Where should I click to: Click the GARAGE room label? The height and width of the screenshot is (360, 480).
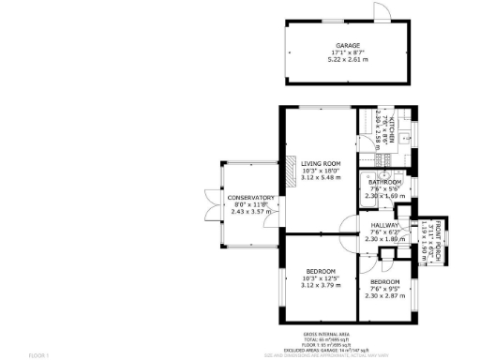point(348,45)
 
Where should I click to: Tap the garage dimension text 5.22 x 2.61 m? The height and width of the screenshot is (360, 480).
point(348,59)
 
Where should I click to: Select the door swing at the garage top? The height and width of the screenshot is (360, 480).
point(381,11)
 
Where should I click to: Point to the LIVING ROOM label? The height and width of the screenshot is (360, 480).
point(321,164)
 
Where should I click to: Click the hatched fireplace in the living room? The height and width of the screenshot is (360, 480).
point(280,175)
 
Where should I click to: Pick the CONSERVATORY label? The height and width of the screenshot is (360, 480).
point(250,198)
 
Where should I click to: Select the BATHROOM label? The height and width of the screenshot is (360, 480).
point(384,182)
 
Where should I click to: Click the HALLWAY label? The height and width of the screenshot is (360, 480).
point(384,226)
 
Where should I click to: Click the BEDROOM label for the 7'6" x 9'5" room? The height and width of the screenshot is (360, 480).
point(384,281)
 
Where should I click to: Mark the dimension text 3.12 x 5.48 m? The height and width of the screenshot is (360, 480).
point(321,179)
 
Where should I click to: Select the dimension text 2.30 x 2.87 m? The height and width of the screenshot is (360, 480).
point(384,295)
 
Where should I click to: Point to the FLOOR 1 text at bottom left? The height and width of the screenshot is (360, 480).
point(38,354)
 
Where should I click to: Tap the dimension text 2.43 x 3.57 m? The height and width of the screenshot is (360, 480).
point(250,212)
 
